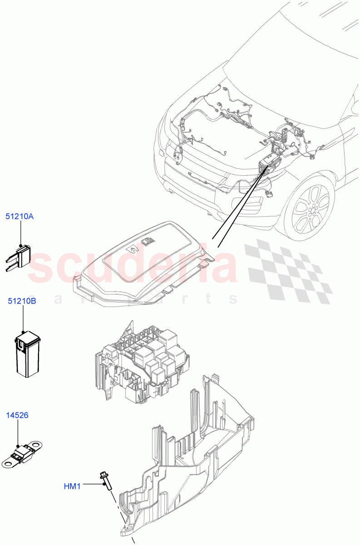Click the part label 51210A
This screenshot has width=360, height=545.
(20, 217)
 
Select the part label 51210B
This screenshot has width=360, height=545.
(21, 301)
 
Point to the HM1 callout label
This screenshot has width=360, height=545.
(72, 486)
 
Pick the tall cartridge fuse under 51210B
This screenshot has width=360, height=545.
(28, 355)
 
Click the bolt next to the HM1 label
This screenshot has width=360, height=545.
(104, 480)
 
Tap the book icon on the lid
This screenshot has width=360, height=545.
(147, 242)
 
